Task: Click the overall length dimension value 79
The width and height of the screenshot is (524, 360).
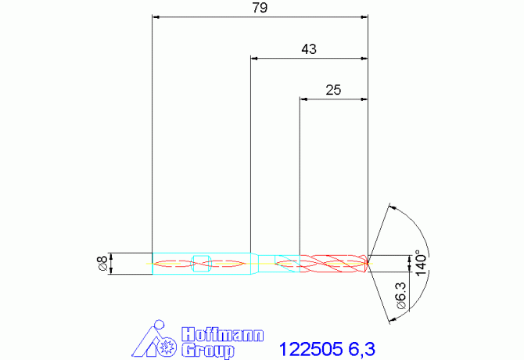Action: [x=260, y=8]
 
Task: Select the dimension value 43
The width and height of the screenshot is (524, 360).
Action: [x=309, y=49]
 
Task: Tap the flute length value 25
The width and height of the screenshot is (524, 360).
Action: [x=333, y=90]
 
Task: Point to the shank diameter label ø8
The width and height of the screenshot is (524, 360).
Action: [x=102, y=263]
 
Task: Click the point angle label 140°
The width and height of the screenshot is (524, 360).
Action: [x=421, y=263]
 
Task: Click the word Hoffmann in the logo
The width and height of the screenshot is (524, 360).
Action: [x=223, y=334]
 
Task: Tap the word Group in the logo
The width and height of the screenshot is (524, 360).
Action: [x=207, y=350]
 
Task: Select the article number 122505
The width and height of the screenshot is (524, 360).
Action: [x=310, y=349]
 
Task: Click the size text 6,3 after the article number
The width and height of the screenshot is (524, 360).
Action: [x=362, y=349]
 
